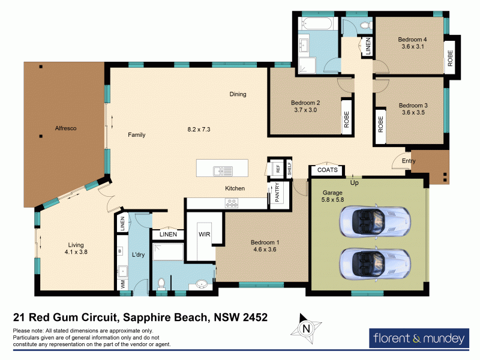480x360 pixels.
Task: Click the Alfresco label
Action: coord(65,128)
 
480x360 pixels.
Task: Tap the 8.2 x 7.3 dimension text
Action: coord(199,129)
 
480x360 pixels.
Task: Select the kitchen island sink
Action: coord(223,171)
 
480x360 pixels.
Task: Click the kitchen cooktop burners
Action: coord(232,203)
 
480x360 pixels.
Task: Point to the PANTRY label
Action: coord(277,192)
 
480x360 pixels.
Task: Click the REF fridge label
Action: coord(278,169)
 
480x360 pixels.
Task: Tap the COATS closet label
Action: coord(327,170)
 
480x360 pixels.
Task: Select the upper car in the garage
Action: coord(375,221)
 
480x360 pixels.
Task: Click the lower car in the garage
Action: coord(375,264)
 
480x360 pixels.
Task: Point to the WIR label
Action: coord(204,234)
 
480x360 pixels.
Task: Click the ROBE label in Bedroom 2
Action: coord(347,119)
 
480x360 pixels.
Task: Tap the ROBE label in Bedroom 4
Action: coord(450,58)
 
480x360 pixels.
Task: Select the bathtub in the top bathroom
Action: coord(316,23)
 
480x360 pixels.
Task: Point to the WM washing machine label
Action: coord(123,284)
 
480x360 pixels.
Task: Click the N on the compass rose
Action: coord(306,329)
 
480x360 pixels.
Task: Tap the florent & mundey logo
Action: coord(419,338)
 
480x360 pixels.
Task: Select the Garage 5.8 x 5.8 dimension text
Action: coord(332,196)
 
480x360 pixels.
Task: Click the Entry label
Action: coord(409,161)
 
